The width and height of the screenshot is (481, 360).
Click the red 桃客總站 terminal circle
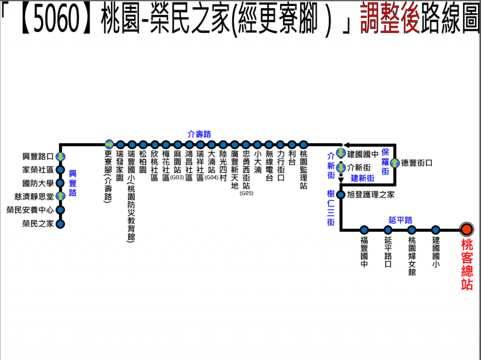pyautogui.click(x=466, y=229)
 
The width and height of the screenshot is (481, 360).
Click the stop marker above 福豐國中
pyautogui.click(x=364, y=230)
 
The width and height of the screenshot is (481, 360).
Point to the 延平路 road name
pyautogui.click(x=400, y=220)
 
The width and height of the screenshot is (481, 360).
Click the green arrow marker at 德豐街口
pyautogui.click(x=395, y=163)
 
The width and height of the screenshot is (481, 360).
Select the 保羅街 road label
pyautogui.click(x=385, y=161)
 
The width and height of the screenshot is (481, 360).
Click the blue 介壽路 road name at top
pyautogui.click(x=199, y=134)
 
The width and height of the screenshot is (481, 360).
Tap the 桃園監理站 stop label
pyautogui.click(x=303, y=171)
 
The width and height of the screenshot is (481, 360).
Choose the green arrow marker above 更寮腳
pyautogui.click(x=109, y=144)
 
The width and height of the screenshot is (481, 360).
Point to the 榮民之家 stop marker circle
pyautogui.click(x=61, y=224)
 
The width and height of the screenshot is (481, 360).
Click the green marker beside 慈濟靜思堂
pyautogui.click(x=61, y=196)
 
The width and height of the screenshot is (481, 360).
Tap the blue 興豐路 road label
pyautogui.click(x=73, y=183)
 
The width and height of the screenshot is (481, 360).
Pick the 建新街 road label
pyautogui.click(x=362, y=178)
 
